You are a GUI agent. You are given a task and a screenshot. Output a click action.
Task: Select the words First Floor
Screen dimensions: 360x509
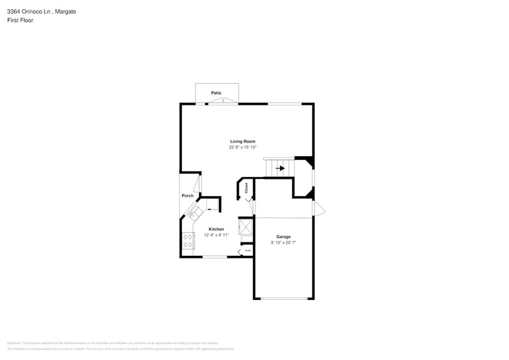pos(20,20)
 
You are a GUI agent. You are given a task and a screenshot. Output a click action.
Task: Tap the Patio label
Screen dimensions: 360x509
pos(216,93)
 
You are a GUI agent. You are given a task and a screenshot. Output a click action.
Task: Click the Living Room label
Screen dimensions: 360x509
pos(243,141)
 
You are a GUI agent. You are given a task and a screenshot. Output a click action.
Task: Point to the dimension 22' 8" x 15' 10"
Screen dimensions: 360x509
pos(243,148)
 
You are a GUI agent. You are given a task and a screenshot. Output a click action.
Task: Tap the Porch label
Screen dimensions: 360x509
pos(187,196)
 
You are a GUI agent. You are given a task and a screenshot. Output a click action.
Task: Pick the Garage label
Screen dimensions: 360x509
pos(283,236)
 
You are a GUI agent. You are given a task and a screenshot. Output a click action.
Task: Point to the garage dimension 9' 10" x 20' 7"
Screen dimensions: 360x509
pos(283,242)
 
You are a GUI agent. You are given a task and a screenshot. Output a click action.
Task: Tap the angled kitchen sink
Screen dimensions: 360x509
pos(195,213)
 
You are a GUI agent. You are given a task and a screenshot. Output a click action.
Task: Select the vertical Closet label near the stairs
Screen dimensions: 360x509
pos(246,188)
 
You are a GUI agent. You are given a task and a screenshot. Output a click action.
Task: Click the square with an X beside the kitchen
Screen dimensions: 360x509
pos(246,227)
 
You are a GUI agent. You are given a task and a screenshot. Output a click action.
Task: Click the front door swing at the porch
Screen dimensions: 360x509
pos(198,184)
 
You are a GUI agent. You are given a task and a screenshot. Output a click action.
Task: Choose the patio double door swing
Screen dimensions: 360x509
pos(223,100)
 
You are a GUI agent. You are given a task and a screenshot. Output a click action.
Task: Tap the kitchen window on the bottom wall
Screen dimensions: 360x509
pos(215,257)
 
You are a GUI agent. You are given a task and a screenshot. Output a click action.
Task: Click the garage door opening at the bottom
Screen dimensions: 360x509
pos(284,299)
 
